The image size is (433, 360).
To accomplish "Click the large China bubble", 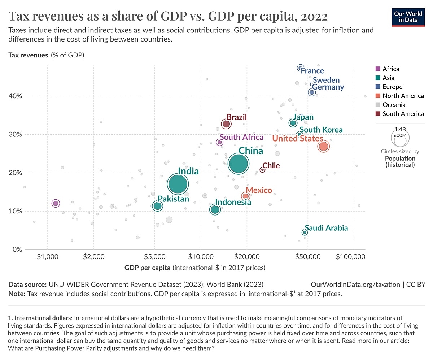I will click(238, 164).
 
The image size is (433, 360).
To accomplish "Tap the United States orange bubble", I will click(323, 146).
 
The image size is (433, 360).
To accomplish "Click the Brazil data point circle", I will click(226, 124).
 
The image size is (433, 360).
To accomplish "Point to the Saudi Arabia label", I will click(326, 228).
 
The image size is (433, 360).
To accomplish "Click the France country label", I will click(312, 71).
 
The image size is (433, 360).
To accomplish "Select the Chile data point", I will click(262, 170).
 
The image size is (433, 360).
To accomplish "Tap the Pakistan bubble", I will click(157, 206).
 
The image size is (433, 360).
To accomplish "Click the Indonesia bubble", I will click(215, 209).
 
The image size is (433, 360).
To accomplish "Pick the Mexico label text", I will click(259, 190).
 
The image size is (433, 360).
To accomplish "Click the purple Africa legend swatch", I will click(378, 69).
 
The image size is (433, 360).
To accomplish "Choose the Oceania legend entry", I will click(394, 105).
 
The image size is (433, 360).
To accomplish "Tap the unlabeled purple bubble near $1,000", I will click(56, 204).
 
